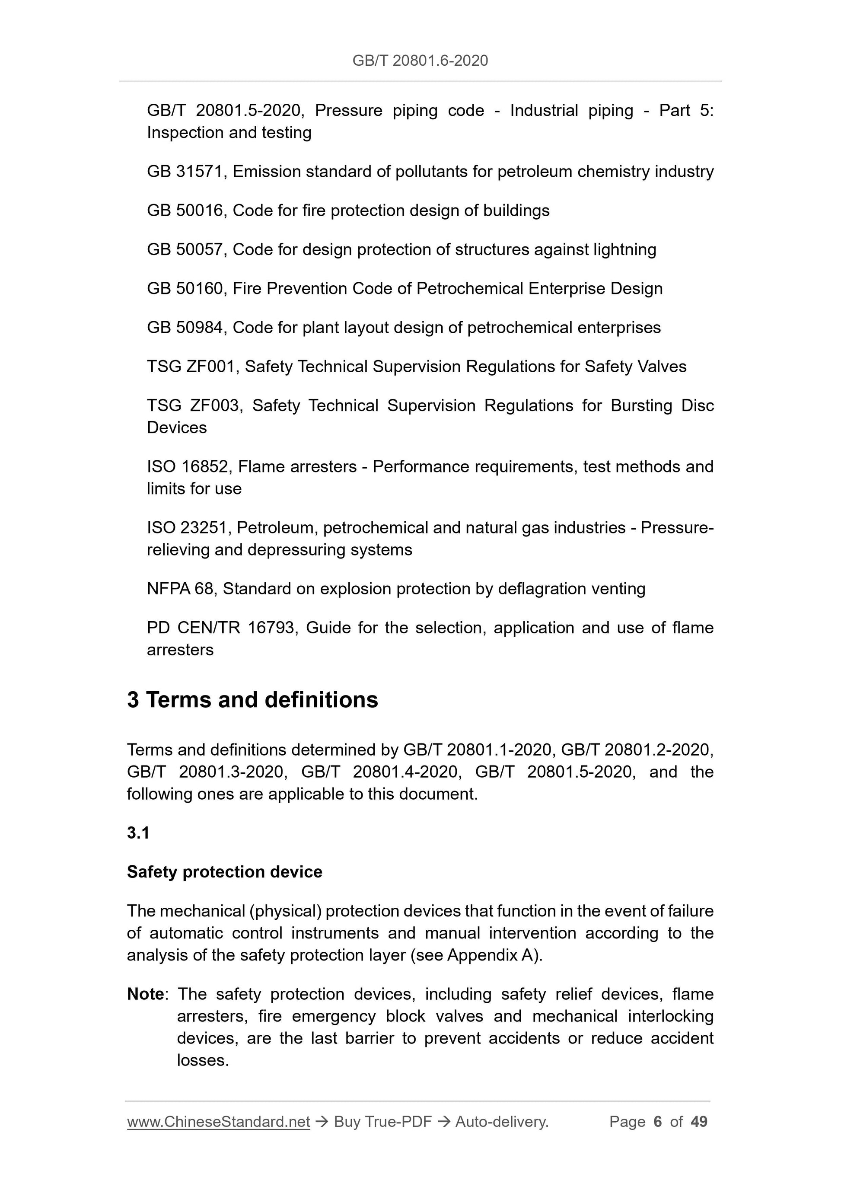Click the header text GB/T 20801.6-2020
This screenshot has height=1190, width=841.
(x=420, y=61)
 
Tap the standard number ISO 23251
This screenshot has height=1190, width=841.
(x=189, y=528)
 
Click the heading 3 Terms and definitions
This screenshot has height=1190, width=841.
(x=252, y=700)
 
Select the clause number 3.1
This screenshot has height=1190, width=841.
(x=138, y=833)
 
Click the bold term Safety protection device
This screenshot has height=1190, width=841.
(x=224, y=872)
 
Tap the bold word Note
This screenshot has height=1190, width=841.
(x=146, y=994)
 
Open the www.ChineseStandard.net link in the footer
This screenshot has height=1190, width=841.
(x=218, y=1122)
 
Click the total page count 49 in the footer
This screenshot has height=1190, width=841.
(x=699, y=1122)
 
